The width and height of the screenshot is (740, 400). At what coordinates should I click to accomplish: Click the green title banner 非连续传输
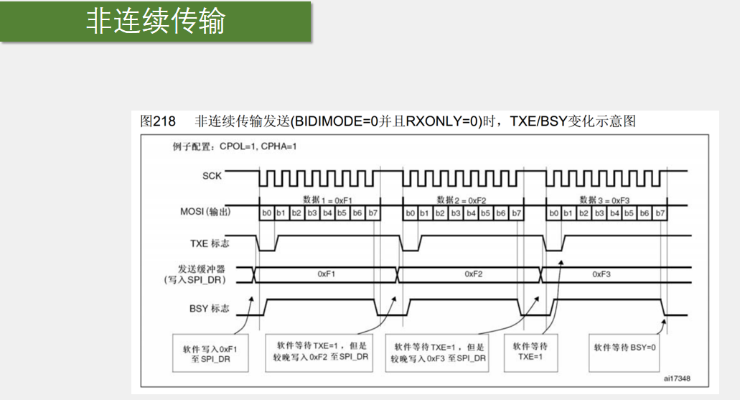click(156, 22)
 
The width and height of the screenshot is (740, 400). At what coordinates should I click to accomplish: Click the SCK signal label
click(212, 175)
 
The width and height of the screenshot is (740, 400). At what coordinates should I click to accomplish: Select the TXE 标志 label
click(210, 243)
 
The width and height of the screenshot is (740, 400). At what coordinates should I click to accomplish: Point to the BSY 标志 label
click(210, 308)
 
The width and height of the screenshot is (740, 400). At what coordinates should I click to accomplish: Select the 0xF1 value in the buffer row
click(327, 274)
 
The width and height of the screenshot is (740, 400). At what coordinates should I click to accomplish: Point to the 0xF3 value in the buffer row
click(601, 274)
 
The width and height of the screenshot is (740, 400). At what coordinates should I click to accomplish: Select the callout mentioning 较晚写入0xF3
click(439, 351)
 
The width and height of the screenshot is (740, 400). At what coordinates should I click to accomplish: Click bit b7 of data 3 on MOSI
click(660, 213)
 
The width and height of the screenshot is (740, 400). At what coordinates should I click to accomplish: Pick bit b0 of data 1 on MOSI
click(266, 213)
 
